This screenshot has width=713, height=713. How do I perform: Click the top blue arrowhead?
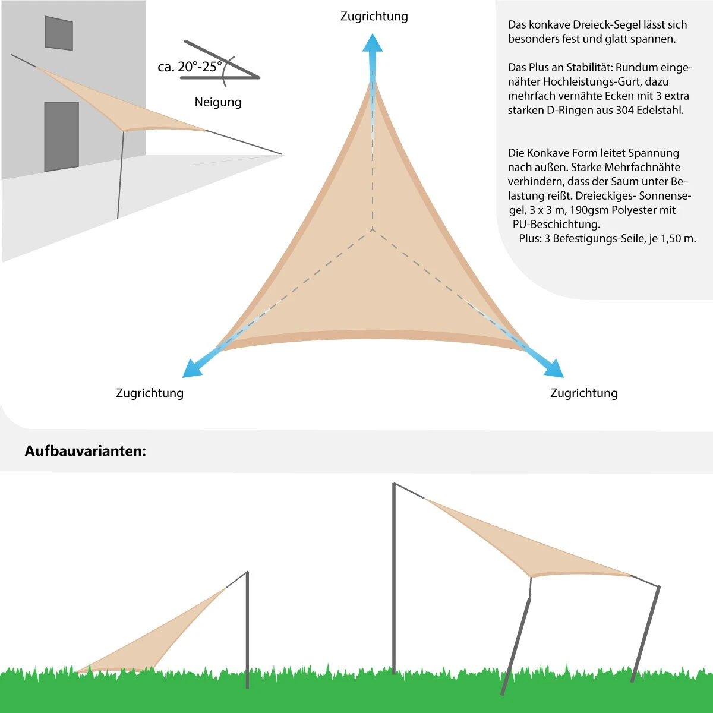click(373, 43)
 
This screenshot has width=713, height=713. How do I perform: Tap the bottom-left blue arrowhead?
click(191, 369)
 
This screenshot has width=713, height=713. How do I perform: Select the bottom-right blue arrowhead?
click(554, 369)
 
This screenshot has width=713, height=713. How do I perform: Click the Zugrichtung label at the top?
click(374, 16)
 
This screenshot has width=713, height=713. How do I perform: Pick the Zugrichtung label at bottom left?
click(150, 393)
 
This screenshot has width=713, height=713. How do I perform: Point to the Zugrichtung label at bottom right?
click(584, 393)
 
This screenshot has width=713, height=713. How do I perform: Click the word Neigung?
click(218, 102)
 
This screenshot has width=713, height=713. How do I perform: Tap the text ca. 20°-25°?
click(190, 67)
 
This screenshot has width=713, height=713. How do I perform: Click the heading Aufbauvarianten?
click(85, 451)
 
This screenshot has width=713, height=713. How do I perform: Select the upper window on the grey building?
click(59, 33)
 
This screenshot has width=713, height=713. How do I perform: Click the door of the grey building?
click(61, 136)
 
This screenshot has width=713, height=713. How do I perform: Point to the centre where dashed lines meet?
click(373, 229)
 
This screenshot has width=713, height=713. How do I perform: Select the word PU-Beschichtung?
click(556, 224)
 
